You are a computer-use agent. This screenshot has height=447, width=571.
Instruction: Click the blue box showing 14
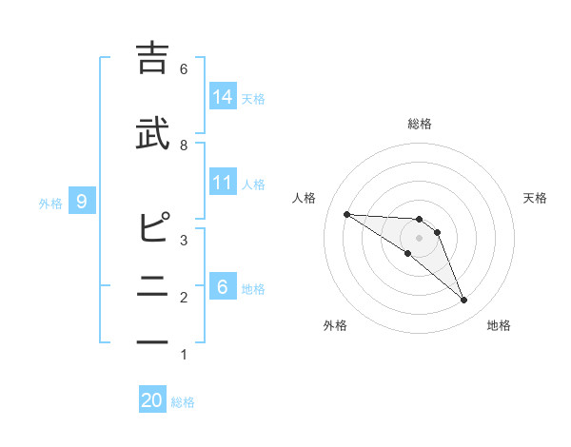point(223,97)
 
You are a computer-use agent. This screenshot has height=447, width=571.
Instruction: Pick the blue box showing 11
point(223,183)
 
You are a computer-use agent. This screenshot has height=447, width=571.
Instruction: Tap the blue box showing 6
point(223,287)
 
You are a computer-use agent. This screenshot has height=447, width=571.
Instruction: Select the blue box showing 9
point(83,201)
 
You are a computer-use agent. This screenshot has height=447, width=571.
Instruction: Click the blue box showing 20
point(152,400)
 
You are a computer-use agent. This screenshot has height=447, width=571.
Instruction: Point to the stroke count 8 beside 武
point(184,145)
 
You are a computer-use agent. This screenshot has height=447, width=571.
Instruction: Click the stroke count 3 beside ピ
point(184,241)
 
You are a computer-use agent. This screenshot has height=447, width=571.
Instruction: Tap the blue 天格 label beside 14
point(253,98)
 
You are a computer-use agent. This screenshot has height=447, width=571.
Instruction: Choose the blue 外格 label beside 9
point(50,202)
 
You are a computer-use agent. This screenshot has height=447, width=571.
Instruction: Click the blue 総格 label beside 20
point(183,401)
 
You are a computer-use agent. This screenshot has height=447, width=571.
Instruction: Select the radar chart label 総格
point(420,124)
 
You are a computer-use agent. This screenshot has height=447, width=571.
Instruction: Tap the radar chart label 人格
point(305,198)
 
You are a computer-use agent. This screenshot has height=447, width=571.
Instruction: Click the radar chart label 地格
point(499,325)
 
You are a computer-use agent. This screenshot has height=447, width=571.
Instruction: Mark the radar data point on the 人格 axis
point(346,214)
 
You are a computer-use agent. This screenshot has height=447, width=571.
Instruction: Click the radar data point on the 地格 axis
point(464,301)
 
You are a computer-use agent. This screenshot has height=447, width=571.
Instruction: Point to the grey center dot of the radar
point(420,238)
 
